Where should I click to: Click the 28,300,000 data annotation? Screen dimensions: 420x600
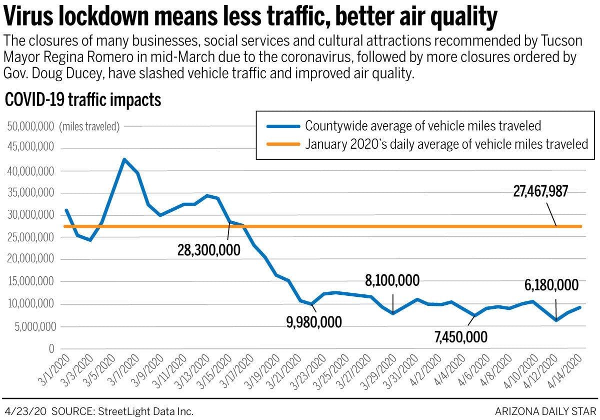coord(208,250)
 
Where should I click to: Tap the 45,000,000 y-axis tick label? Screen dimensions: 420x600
coord(29,149)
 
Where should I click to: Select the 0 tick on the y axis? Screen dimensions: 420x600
coord(51,349)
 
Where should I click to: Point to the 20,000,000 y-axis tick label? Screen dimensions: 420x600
coord(29,260)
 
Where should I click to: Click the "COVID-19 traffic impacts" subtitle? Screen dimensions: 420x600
coord(83,100)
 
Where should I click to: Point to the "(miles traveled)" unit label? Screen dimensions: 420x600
coord(89,127)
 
